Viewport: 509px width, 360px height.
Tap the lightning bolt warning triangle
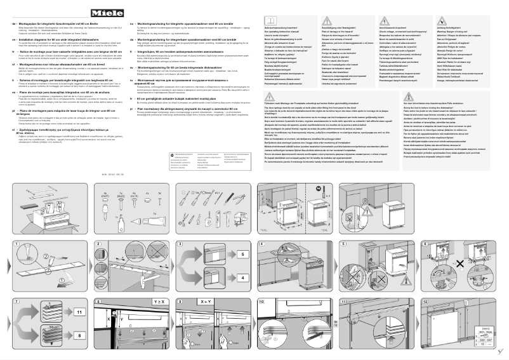(x=385, y=20)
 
